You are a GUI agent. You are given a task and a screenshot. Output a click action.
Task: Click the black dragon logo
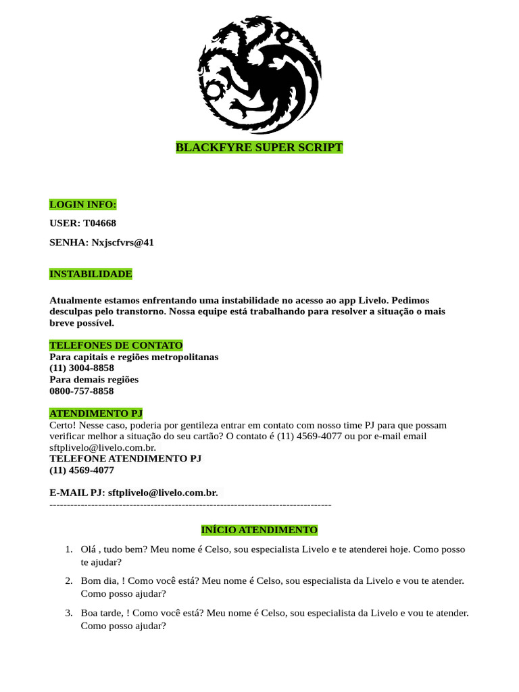pyautogui.click(x=259, y=74)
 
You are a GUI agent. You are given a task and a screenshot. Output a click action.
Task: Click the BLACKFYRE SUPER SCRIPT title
pyautogui.click(x=259, y=147)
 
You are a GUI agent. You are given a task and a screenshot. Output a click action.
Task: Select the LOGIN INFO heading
pyautogui.click(x=82, y=204)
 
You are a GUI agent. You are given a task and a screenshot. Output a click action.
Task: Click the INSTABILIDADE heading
pyautogui.click(x=91, y=274)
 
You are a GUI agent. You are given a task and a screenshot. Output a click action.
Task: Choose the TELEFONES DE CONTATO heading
pyautogui.click(x=116, y=345)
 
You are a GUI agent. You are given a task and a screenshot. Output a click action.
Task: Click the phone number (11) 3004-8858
pyautogui.click(x=81, y=368)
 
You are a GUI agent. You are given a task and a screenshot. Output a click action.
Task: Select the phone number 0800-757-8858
pyautogui.click(x=81, y=391)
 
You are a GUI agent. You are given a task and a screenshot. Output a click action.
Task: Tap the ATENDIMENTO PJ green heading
pyautogui.click(x=96, y=414)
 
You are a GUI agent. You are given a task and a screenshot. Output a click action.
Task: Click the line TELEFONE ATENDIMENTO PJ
pyautogui.click(x=125, y=458)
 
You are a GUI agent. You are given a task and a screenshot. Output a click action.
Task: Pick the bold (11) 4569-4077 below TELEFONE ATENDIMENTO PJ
pyautogui.click(x=81, y=470)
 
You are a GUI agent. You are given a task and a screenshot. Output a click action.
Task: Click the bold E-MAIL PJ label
pyautogui.click(x=77, y=493)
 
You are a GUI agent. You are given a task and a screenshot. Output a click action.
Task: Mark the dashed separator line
pyautogui.click(x=190, y=504)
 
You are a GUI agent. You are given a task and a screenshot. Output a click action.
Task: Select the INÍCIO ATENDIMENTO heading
pyautogui.click(x=259, y=530)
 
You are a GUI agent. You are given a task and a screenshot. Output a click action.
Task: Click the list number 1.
pyautogui.click(x=69, y=550)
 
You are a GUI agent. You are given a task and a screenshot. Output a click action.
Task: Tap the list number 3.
pyautogui.click(x=69, y=613)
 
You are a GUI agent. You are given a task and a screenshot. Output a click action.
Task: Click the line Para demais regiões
pyautogui.click(x=93, y=380)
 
